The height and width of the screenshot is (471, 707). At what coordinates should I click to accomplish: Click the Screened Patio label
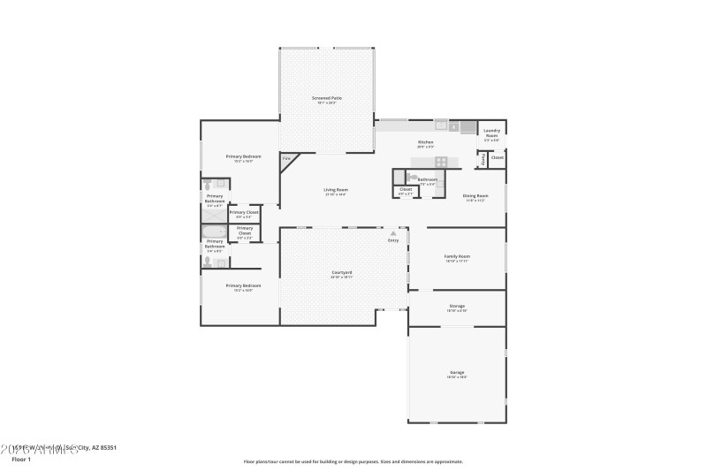tap(327, 98)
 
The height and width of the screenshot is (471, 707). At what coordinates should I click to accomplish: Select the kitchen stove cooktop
tap(442, 162)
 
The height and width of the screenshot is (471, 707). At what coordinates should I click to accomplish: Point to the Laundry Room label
tap(491, 134)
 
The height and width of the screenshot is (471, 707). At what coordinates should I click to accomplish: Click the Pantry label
tap(483, 161)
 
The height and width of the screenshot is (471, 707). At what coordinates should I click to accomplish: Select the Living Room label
tap(335, 190)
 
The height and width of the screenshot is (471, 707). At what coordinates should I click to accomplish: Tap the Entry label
tap(393, 239)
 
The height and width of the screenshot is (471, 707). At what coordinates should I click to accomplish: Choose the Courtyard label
tap(342, 273)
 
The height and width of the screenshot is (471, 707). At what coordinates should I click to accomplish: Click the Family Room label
tap(457, 257)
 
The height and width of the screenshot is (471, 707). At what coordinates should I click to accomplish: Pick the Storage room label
tap(457, 307)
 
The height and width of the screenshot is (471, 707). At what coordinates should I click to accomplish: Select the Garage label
tap(457, 373)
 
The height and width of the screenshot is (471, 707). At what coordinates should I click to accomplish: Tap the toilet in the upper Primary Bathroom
tap(208, 185)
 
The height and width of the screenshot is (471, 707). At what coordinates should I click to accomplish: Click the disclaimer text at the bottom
tap(353, 461)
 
